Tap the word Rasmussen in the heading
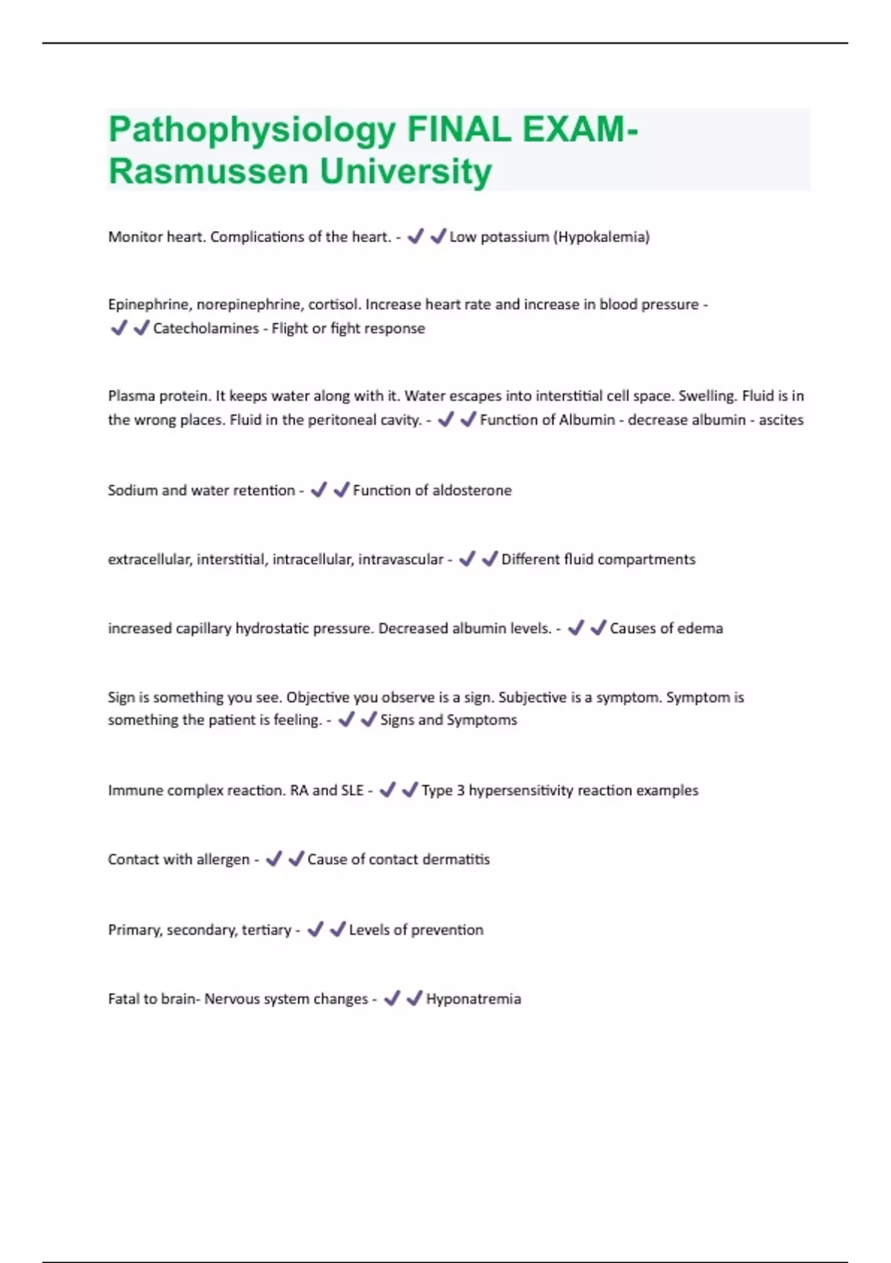click(x=209, y=172)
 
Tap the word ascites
click(x=780, y=420)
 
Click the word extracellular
click(x=149, y=559)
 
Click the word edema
click(x=699, y=629)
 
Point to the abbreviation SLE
click(x=352, y=790)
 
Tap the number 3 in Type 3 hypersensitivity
click(x=460, y=790)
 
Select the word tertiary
click(x=267, y=930)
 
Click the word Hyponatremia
click(x=473, y=999)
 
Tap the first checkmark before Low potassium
click(x=416, y=236)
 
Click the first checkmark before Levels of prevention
click(x=316, y=929)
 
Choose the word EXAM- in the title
click(x=580, y=131)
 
